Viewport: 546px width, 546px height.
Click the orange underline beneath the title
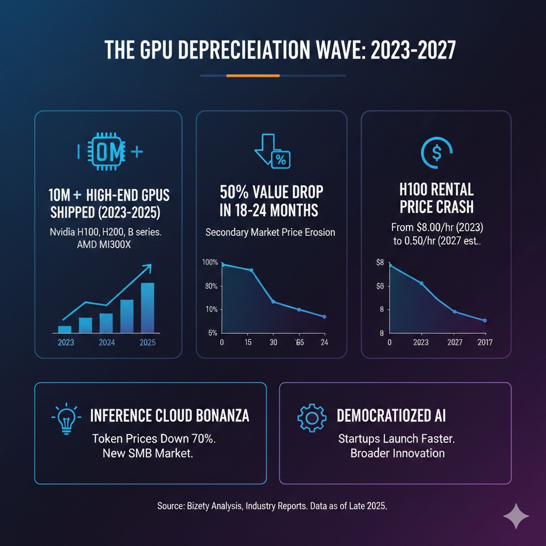tap(253, 76)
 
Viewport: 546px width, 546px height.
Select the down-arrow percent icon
tap(272, 152)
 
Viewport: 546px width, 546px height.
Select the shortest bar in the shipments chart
tap(65, 329)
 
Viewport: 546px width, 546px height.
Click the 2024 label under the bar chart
tap(107, 342)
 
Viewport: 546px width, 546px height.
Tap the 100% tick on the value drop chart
tap(210, 262)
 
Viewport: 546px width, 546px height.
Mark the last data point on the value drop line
tap(324, 317)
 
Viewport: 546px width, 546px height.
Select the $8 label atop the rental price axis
tap(380, 262)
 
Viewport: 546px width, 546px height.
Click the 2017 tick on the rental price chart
tap(484, 342)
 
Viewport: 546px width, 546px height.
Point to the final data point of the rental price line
tap(485, 320)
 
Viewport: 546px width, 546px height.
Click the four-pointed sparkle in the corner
tap(516, 517)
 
